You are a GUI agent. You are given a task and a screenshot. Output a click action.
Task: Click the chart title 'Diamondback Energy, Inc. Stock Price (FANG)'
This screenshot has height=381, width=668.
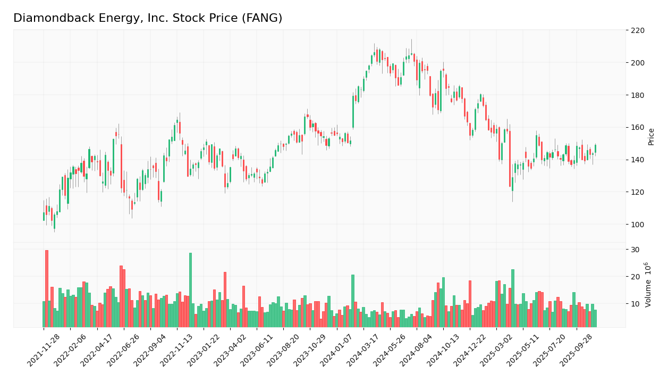click(148, 19)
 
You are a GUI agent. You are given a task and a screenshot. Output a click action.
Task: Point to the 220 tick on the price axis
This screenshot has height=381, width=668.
click(637, 30)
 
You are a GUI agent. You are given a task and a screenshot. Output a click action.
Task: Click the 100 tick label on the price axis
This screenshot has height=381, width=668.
click(637, 225)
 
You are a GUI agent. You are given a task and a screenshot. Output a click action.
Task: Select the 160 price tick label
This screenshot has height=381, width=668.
click(637, 128)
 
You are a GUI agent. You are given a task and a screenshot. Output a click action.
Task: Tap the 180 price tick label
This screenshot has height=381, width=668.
click(637, 95)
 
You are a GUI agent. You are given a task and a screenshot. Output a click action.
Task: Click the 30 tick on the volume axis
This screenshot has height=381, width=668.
click(635, 250)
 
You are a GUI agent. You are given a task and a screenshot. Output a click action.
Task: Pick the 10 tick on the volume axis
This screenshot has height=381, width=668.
click(635, 304)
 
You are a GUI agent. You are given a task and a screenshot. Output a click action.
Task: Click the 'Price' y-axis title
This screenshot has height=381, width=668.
click(652, 137)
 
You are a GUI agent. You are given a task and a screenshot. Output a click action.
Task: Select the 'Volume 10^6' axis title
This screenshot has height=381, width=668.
click(648, 285)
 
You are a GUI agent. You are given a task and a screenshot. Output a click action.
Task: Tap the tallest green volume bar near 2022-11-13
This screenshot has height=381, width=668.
click(190, 290)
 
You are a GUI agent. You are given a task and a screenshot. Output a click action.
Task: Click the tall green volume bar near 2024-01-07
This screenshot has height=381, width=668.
click(352, 301)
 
